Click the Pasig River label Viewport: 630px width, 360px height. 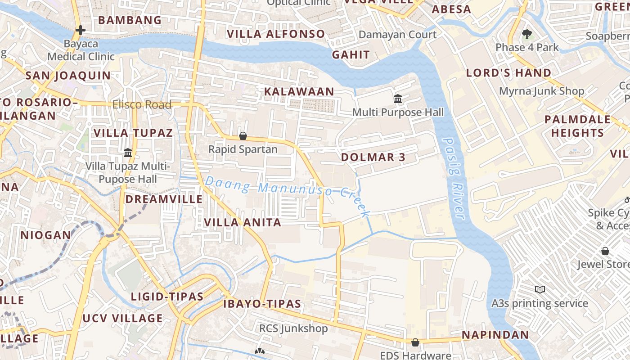tap(453, 178)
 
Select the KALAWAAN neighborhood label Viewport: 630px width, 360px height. tap(299, 92)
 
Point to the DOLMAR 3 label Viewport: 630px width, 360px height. tap(373, 157)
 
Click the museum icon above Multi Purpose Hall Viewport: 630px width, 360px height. tap(398, 99)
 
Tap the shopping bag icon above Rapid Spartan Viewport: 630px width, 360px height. tap(243, 136)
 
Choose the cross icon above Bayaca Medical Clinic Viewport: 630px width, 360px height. tap(81, 30)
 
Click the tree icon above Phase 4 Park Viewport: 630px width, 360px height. tap(526, 34)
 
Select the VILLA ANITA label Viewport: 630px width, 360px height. tap(243, 222)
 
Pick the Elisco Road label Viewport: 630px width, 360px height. tap(142, 105)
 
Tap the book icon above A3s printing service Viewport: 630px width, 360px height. tap(540, 289)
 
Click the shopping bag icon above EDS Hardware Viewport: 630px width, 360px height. tap(415, 343)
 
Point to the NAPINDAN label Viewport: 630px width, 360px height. tap(495, 335)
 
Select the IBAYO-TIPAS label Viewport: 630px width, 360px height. tap(262, 304)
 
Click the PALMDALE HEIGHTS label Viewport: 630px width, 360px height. tap(577, 126)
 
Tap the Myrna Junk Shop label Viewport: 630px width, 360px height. tap(541, 91)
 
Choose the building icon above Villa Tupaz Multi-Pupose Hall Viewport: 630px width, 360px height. tap(128, 153)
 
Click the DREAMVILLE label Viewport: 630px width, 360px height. tap(164, 199)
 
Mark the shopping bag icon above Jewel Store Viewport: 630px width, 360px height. tap(605, 251)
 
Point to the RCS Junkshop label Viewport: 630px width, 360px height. tap(293, 328)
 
